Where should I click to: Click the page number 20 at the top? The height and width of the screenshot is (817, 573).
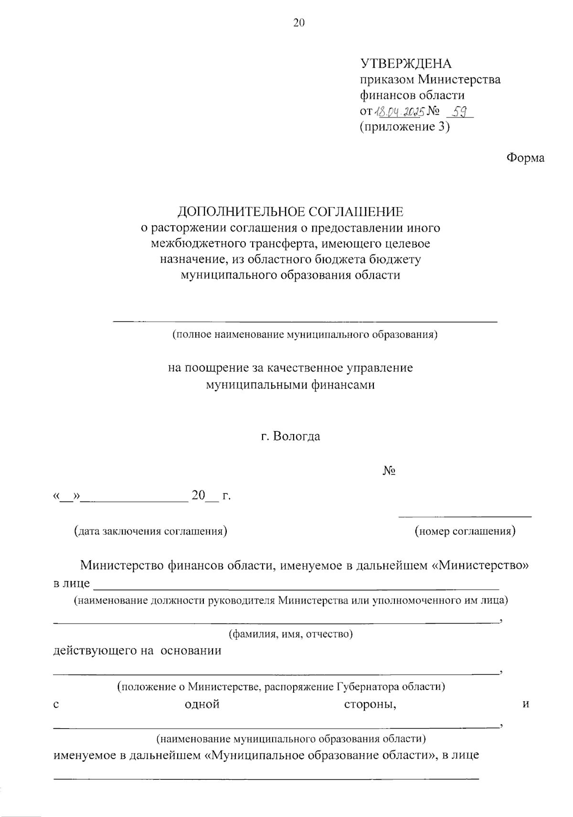pos(298,23)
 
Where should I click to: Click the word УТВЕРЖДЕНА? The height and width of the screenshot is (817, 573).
pos(405,64)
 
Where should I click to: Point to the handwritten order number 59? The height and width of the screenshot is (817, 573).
pos(459,111)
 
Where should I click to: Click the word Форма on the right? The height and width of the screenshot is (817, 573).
pos(525,158)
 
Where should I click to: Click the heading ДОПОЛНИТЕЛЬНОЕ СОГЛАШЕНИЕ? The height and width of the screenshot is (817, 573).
pos(290,212)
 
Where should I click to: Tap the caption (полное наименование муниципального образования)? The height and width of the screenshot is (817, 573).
pos(305,334)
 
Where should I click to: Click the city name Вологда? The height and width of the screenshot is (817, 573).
pos(297,436)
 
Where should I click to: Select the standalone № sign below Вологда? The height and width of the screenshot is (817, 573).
pos(389,471)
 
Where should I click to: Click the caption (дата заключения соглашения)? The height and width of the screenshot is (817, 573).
pos(150,531)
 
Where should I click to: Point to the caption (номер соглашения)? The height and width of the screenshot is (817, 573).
pos(465,531)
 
